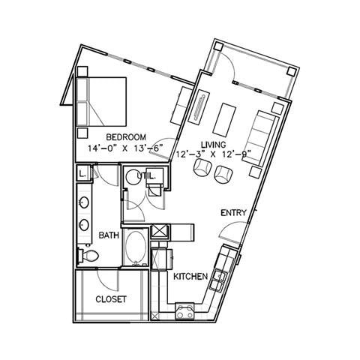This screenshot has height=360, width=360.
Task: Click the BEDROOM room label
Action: (x=121, y=137)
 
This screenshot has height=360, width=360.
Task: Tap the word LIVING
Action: (x=214, y=144)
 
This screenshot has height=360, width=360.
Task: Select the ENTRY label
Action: (x=233, y=213)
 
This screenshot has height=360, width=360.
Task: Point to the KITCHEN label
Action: (x=190, y=277)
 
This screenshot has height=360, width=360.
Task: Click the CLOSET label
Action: (x=110, y=299)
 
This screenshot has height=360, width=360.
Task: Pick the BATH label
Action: (x=109, y=235)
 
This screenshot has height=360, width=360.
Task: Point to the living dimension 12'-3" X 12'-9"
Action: (x=214, y=154)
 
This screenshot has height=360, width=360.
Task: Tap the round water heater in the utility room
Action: (x=132, y=178)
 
